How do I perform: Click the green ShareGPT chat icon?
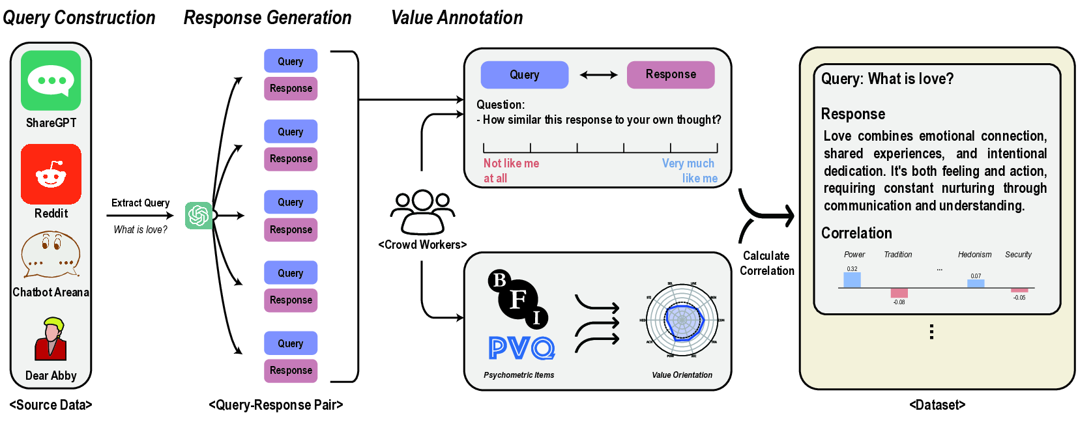coord(51,81)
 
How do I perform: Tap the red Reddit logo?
coord(51,174)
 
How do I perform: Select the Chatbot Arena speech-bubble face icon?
coord(51,255)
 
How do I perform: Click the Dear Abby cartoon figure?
coord(51,339)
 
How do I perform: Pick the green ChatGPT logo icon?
coord(198,216)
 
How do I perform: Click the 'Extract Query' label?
coord(140,203)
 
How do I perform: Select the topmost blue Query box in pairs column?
coord(291,61)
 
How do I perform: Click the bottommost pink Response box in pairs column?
coord(291,371)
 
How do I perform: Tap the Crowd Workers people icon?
coord(422,212)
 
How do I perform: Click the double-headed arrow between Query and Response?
coord(598,75)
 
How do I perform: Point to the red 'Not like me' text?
coord(511,163)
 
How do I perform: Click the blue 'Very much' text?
coord(688,163)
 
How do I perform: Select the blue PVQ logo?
coord(521,348)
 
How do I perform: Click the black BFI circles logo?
coord(518,298)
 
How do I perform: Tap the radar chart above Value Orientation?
coord(682,320)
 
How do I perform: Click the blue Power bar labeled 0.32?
coord(852,280)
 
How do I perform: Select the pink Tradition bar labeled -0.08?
coord(899,293)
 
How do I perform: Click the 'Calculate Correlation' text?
coord(767,263)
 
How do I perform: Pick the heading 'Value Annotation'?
coord(457,18)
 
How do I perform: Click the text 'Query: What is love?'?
coord(887,79)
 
